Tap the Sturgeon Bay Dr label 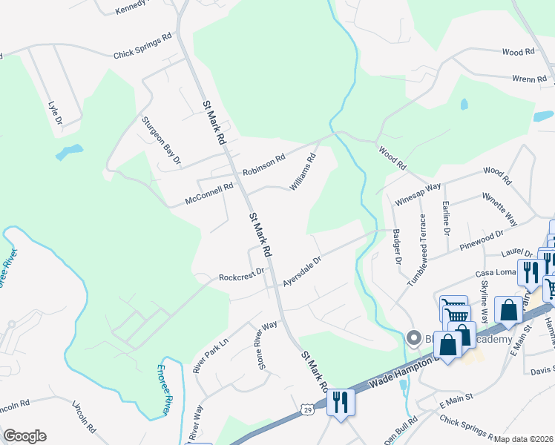pos(162,139)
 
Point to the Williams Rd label pos(303,171)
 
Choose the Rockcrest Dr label pos(242,275)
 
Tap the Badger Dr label pos(396,247)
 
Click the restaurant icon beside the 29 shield pos(341,403)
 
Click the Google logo pos(24,436)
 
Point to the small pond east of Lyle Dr pos(69,153)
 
